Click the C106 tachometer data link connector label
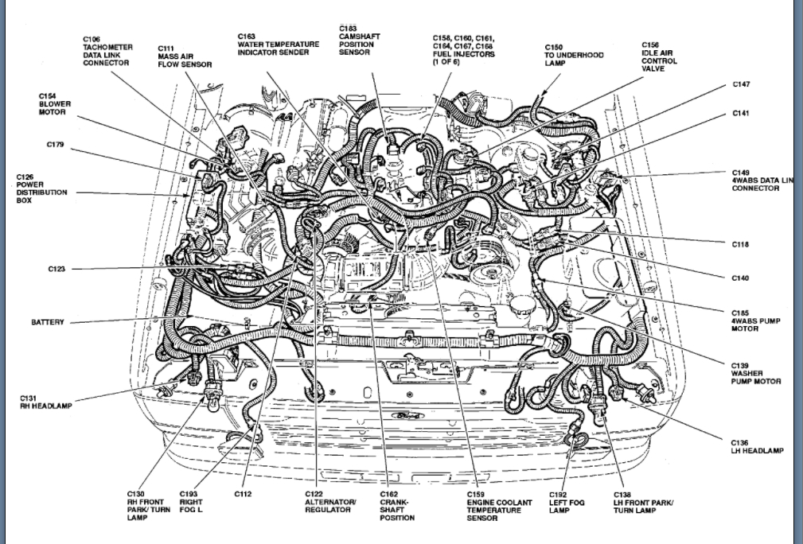point(107,51)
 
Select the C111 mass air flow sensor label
point(184,56)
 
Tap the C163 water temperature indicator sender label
point(278,45)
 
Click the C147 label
point(741,84)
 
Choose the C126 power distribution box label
point(41,188)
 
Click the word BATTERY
point(48,322)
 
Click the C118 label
point(741,244)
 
